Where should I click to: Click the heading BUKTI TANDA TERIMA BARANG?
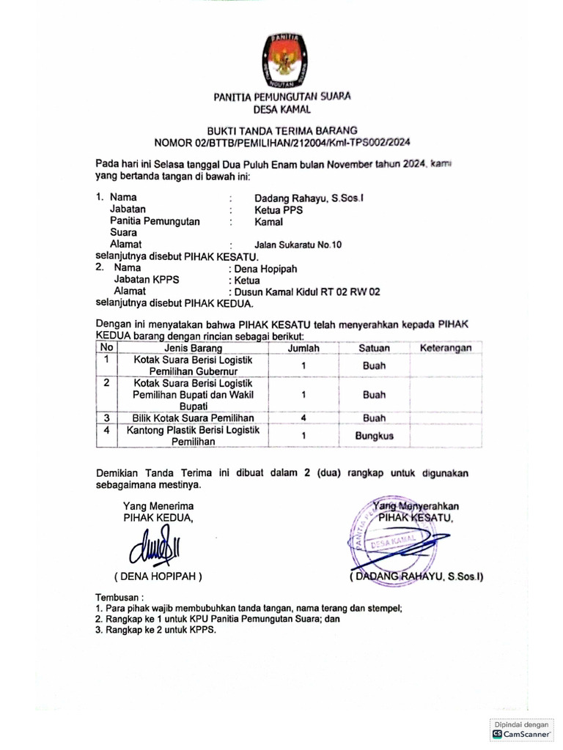281,130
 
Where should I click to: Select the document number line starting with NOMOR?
281,142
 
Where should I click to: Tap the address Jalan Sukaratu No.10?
298,245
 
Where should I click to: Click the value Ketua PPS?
279,209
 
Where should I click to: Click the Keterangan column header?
445,349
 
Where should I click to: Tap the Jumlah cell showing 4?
303,418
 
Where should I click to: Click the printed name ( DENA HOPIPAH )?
158,576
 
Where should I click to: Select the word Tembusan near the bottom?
119,597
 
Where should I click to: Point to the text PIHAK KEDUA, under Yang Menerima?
158,517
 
